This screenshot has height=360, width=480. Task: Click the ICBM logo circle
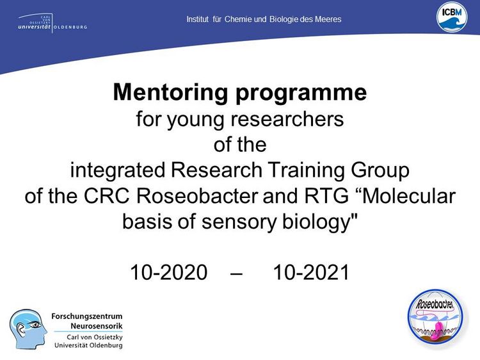[452, 18]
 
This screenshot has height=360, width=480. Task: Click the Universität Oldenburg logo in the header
[52, 23]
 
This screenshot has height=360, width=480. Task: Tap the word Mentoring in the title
[170, 92]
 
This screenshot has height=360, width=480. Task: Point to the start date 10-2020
[169, 272]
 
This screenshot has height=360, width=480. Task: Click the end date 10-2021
[311, 272]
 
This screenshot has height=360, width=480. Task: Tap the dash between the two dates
[236, 272]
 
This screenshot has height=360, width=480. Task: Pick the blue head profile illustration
[28, 329]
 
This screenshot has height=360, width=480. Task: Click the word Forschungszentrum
[87, 316]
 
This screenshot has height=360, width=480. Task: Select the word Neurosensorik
[97, 325]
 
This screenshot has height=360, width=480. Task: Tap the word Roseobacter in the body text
[197, 196]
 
